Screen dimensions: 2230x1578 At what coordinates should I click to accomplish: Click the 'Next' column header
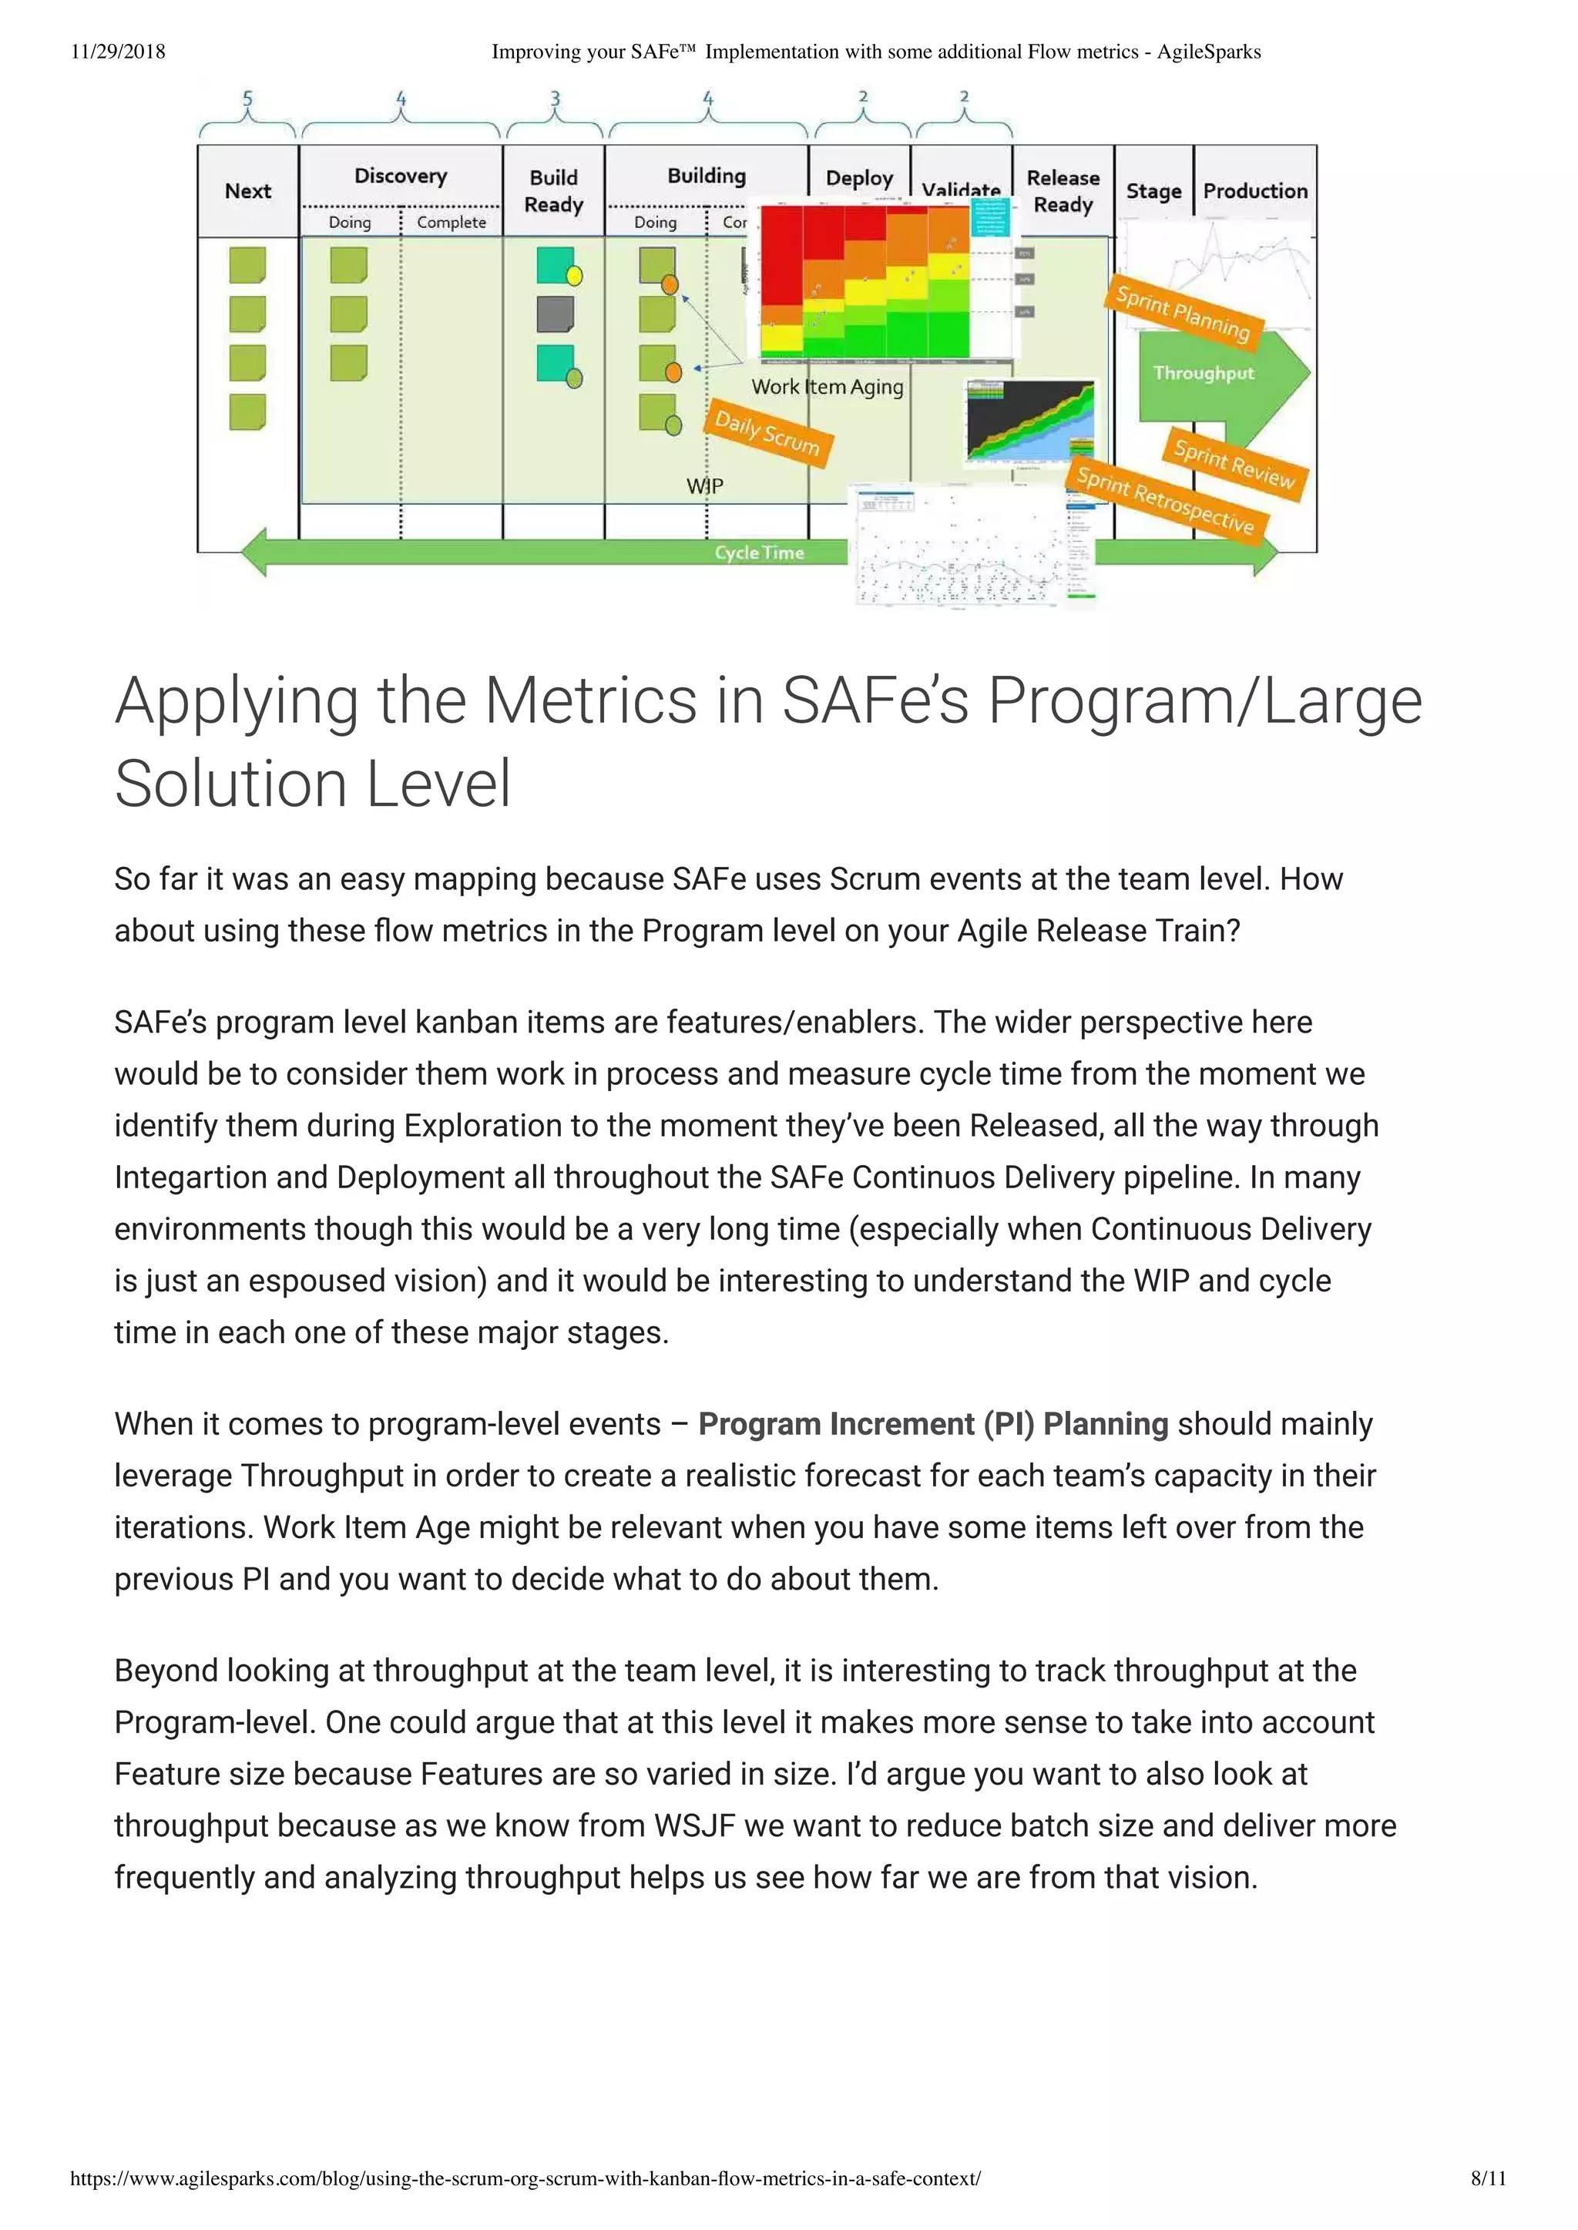[x=248, y=190]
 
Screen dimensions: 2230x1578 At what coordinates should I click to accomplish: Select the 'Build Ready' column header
[x=554, y=190]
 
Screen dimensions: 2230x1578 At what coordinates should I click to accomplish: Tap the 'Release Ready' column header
[x=1063, y=190]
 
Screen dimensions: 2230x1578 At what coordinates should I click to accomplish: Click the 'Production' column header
[x=1254, y=190]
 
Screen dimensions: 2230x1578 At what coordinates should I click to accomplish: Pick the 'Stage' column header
[x=1153, y=190]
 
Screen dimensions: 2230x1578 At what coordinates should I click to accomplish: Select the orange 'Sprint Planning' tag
[x=1183, y=313]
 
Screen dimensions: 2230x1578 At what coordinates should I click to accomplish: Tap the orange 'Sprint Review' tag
[x=1234, y=463]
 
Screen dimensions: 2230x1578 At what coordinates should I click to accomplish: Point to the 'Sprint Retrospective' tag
[x=1165, y=499]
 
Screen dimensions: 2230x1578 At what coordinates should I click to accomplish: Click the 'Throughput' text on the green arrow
[x=1203, y=373]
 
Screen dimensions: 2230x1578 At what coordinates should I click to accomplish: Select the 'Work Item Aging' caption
[x=827, y=387]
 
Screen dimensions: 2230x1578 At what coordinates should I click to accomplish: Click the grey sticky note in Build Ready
[x=555, y=314]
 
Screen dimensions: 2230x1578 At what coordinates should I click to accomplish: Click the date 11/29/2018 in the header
[x=118, y=52]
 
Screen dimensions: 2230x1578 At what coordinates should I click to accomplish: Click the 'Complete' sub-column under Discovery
[x=451, y=223]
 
